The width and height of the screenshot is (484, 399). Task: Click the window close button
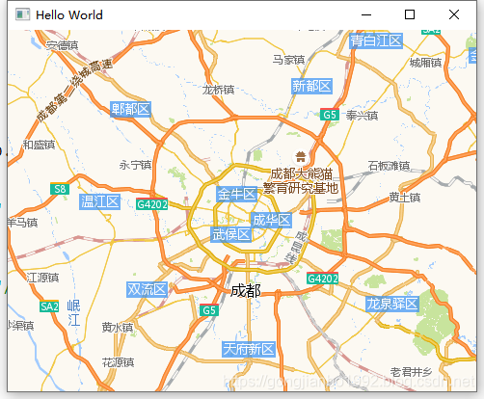[454, 14]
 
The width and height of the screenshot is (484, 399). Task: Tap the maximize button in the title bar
[410, 14]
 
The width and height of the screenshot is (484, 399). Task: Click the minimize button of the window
[365, 14]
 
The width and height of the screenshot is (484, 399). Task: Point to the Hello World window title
[69, 15]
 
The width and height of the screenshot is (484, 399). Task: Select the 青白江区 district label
[376, 40]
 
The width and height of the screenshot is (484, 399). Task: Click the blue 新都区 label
[311, 87]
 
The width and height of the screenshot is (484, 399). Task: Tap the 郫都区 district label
[131, 109]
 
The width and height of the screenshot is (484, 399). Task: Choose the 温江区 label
[99, 201]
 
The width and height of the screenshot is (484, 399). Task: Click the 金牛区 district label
[237, 195]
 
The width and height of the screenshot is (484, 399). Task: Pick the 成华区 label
[271, 220]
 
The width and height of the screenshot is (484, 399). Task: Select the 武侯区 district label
[230, 234]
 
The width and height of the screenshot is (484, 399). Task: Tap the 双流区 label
[147, 289]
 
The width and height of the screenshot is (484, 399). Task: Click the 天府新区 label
[249, 348]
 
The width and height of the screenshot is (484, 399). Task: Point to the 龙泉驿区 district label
[391, 305]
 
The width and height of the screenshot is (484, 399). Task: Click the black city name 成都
[246, 290]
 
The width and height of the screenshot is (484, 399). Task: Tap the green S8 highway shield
[60, 190]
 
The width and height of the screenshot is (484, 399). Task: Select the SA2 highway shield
[49, 306]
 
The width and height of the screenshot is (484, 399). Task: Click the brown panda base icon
[300, 155]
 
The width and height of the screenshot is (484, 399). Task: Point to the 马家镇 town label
[288, 60]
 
